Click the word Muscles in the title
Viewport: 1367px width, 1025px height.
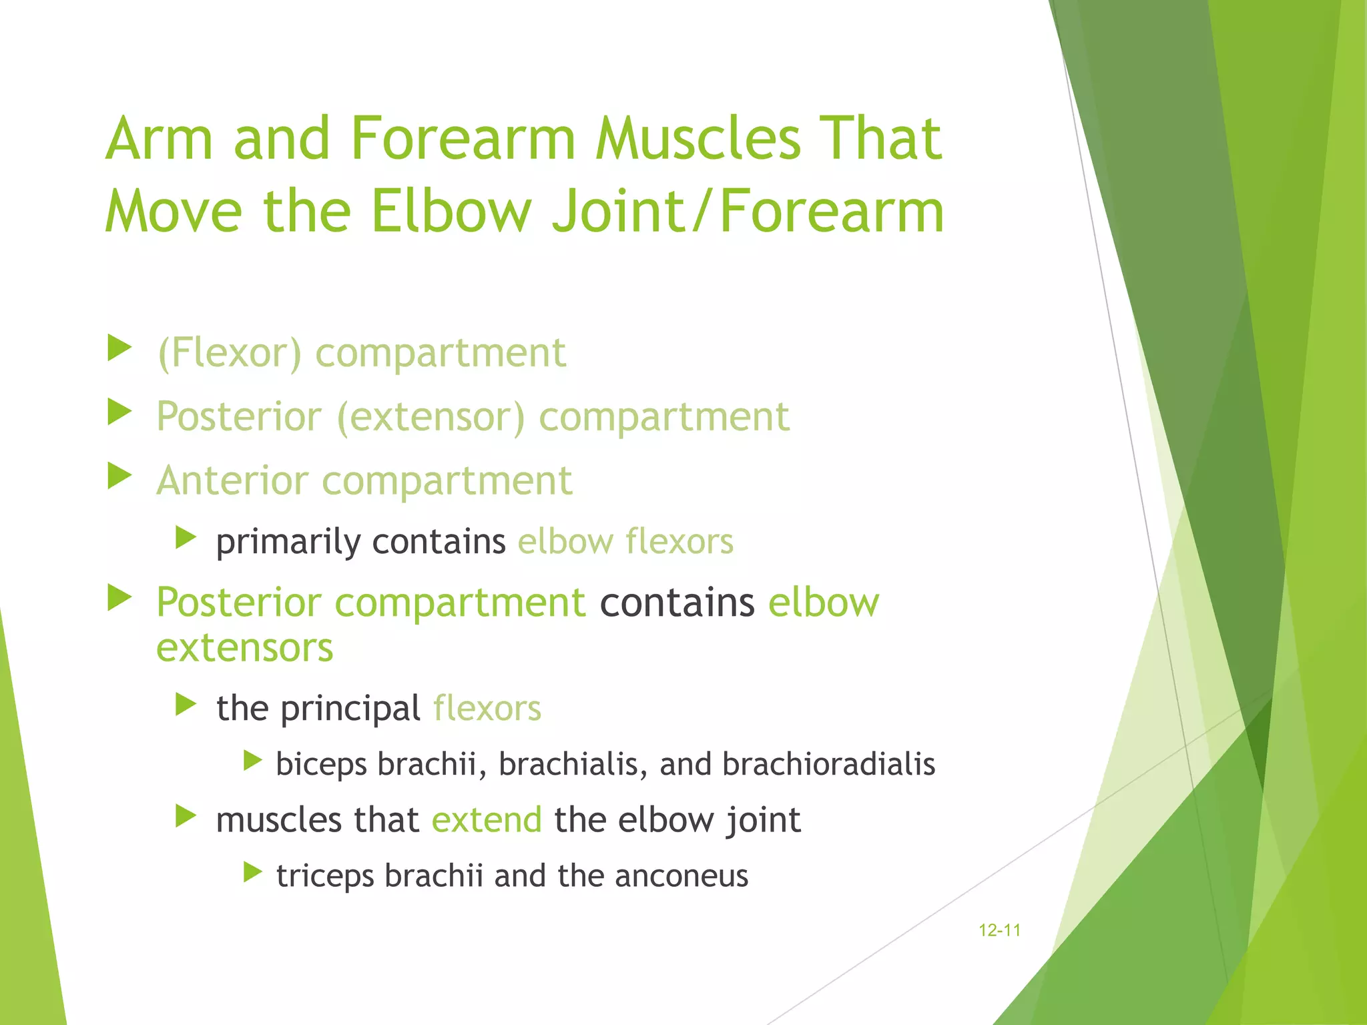pyautogui.click(x=697, y=139)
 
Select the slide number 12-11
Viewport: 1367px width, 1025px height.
pyautogui.click(x=999, y=930)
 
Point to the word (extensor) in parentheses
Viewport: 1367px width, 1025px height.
pyautogui.click(x=431, y=417)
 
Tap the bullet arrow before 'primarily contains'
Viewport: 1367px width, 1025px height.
pyautogui.click(x=186, y=537)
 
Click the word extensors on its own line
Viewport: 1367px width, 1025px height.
pyautogui.click(x=244, y=648)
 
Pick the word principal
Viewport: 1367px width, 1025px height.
pyautogui.click(x=350, y=709)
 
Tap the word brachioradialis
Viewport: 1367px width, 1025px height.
pyautogui.click(x=828, y=764)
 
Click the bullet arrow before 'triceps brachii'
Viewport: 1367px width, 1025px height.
pyautogui.click(x=252, y=872)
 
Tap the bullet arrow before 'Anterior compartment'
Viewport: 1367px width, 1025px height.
pyautogui.click(x=119, y=476)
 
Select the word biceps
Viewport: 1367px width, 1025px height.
pyautogui.click(x=321, y=765)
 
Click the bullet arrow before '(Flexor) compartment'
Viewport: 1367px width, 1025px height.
pyautogui.click(x=119, y=348)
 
